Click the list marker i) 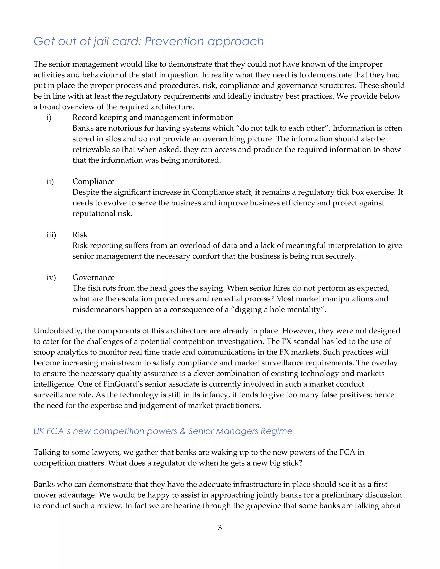click(x=49, y=117)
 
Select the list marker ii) click(x=50, y=182)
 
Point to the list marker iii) click(x=51, y=235)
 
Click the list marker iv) click(x=51, y=278)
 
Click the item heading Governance click(x=93, y=277)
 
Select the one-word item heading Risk click(x=80, y=235)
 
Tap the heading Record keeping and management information click(x=153, y=117)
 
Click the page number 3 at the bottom click(x=220, y=528)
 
